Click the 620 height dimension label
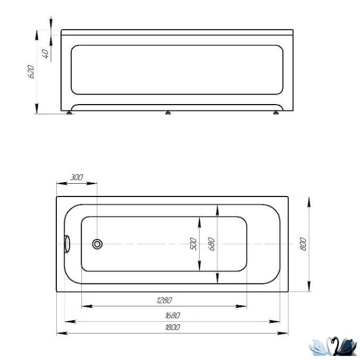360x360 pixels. (x=31, y=72)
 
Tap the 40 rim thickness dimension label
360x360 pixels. (x=46, y=54)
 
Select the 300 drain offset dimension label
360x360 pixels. (x=76, y=177)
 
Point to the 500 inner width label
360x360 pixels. (x=193, y=244)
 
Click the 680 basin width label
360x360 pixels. (x=212, y=244)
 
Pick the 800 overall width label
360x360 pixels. (x=303, y=244)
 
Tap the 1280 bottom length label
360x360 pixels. (x=164, y=301)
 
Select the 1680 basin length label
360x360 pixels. (x=173, y=315)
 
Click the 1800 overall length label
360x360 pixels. (x=173, y=327)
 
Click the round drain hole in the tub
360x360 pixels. (x=97, y=244)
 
